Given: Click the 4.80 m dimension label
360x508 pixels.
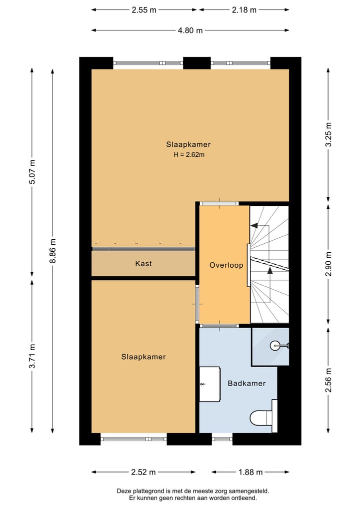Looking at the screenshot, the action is coord(190,30).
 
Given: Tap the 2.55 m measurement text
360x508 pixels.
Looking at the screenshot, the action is coord(144,10).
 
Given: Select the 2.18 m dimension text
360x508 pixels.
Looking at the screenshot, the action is coord(244,10).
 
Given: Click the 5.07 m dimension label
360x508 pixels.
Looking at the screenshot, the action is coord(32,172).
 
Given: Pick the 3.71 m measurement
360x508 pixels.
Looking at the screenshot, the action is coord(32,356).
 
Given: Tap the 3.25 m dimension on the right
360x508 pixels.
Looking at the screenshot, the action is coord(328,134).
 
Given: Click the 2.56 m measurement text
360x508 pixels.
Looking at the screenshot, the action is coord(328,380).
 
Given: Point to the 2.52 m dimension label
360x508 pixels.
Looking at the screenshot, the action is coord(143,472).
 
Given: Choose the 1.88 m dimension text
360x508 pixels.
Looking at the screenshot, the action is coord(250,472).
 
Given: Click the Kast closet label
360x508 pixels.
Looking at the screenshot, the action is coord(143,263).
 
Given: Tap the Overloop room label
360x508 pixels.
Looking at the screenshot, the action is coord(226,265).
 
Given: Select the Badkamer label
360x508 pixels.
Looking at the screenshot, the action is coord(246,383).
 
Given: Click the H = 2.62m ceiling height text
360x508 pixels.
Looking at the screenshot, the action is coord(189,154).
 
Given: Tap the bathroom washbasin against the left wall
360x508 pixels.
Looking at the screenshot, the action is coord(209,384).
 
